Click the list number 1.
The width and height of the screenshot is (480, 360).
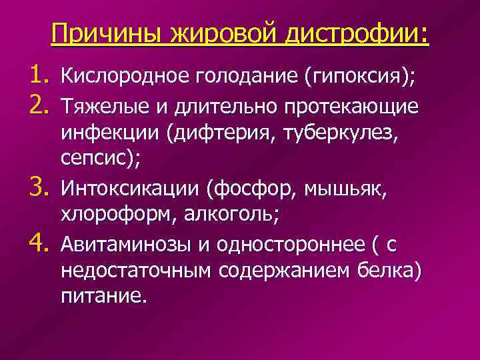[34, 77]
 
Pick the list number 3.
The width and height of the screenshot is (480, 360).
[34, 189]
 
